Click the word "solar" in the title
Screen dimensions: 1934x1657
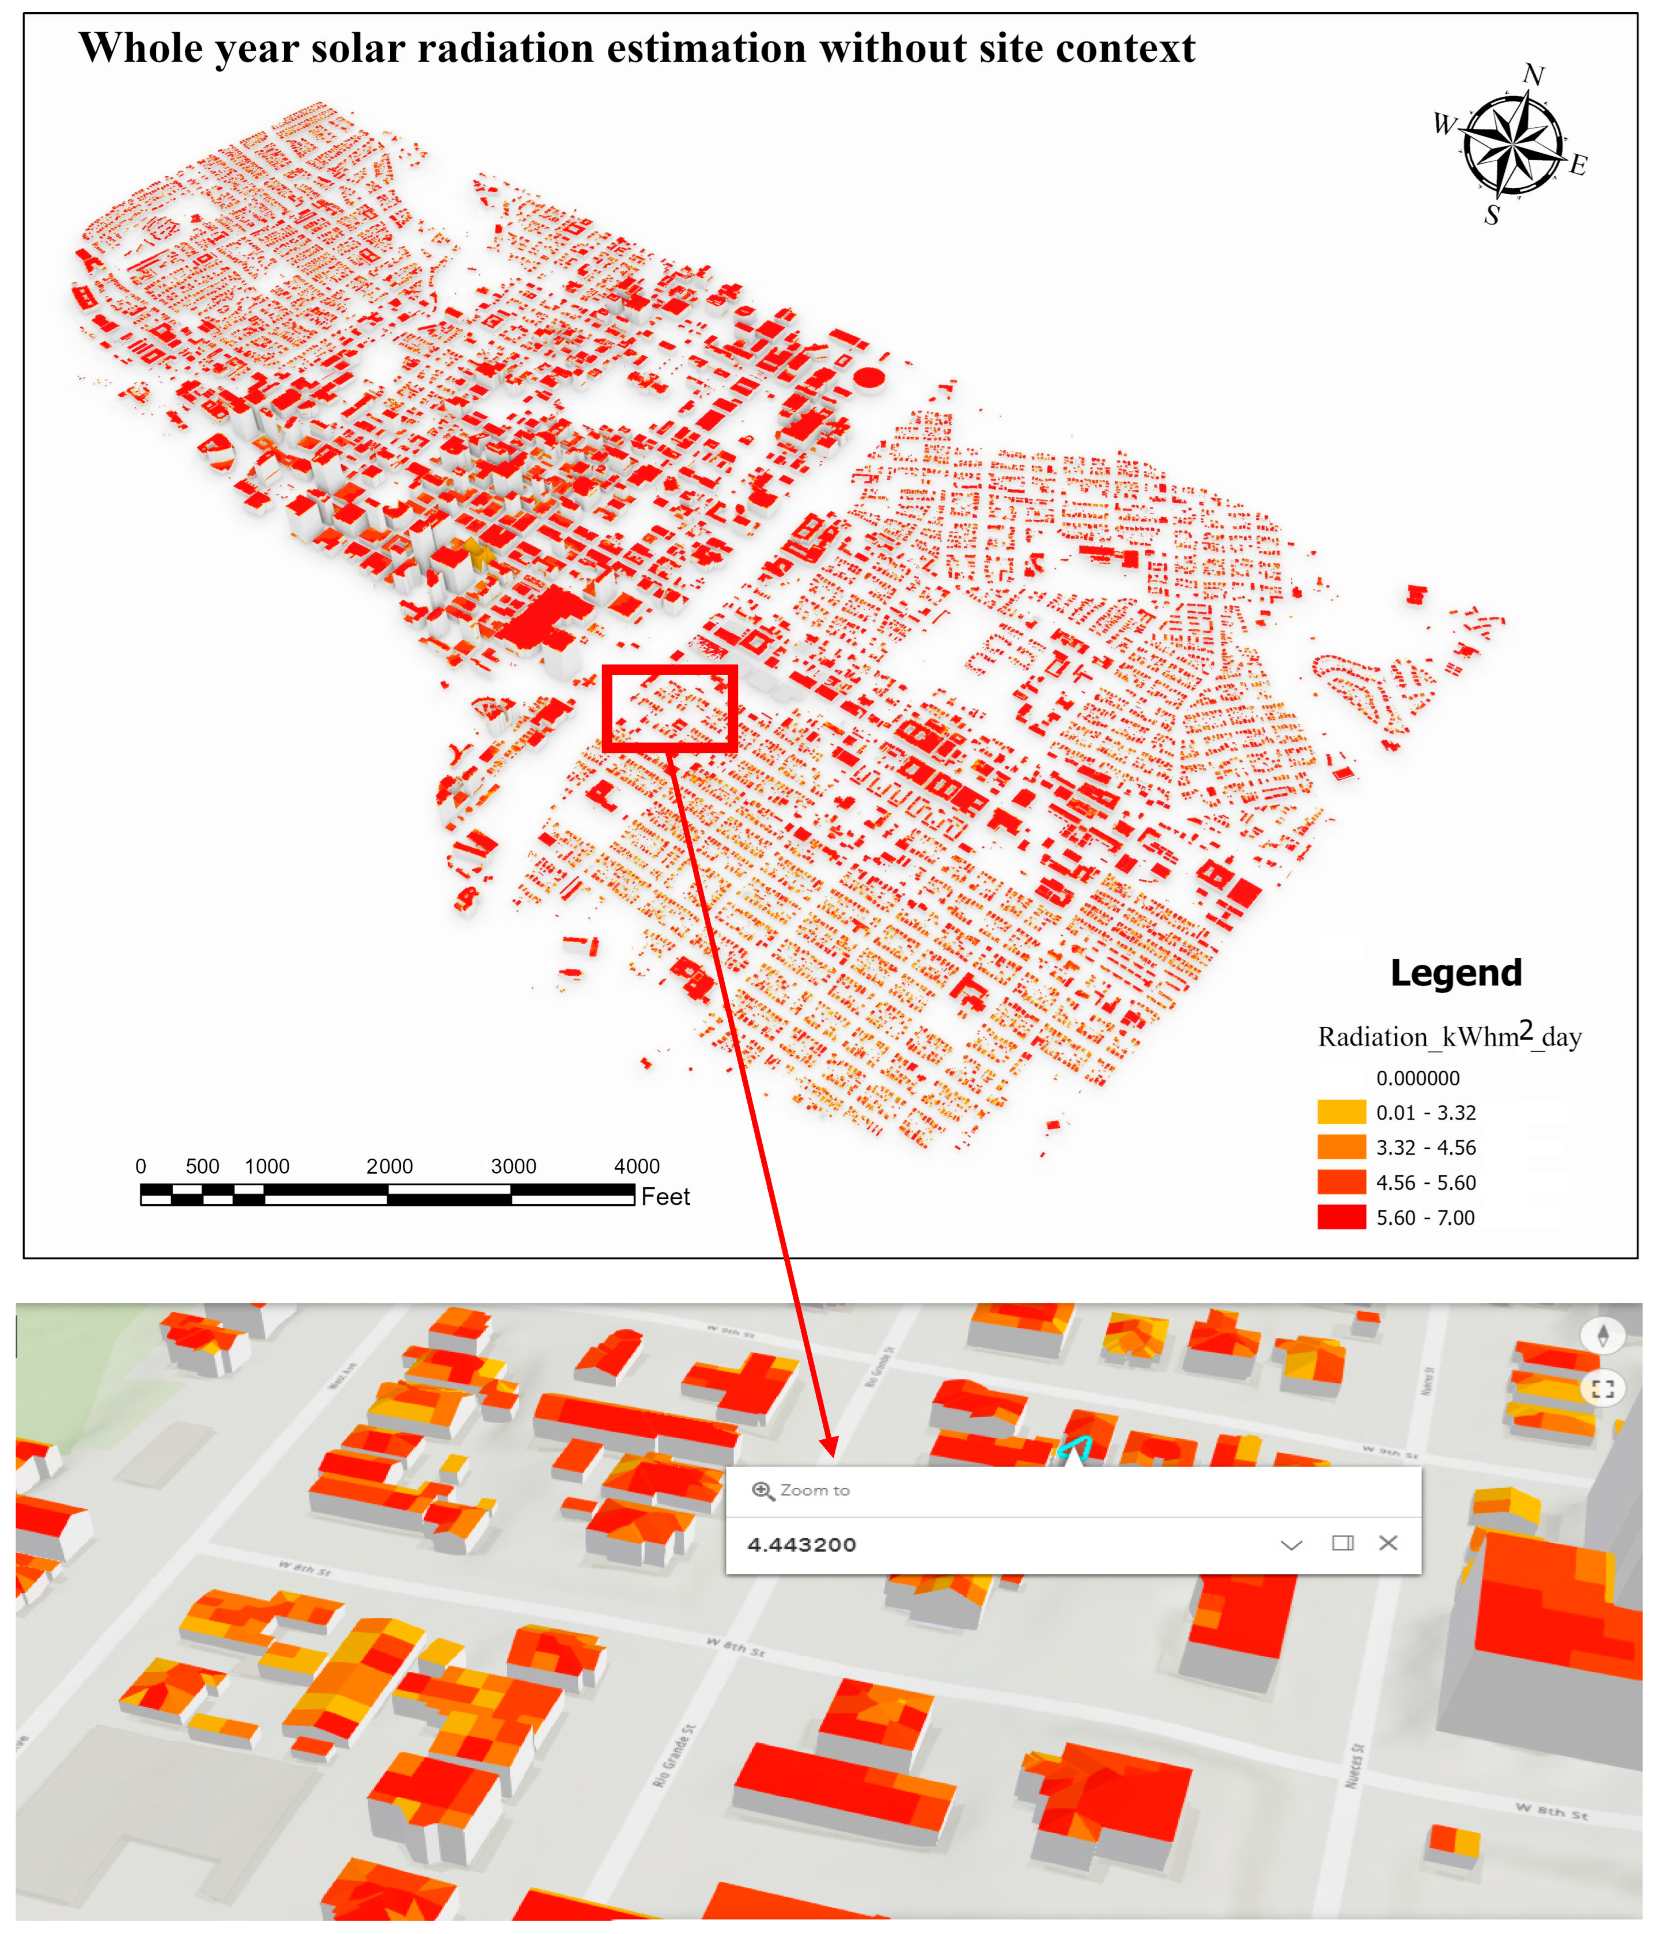pyautogui.click(x=358, y=48)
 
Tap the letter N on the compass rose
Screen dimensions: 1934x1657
pyautogui.click(x=1533, y=75)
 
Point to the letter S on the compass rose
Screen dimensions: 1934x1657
pyautogui.click(x=1492, y=215)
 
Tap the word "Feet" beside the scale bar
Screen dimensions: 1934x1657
pyautogui.click(x=665, y=1197)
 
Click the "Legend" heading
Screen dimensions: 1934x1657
pyautogui.click(x=1455, y=973)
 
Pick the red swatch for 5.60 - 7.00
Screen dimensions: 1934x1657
pyautogui.click(x=1341, y=1217)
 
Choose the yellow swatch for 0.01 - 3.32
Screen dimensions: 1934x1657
pyautogui.click(x=1341, y=1112)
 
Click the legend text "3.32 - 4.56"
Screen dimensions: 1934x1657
pyautogui.click(x=1425, y=1147)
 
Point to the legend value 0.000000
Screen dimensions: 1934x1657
pyautogui.click(x=1417, y=1078)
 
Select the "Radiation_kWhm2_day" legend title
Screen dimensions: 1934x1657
pyautogui.click(x=1449, y=1036)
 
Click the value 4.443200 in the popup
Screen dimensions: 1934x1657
pyautogui.click(x=801, y=1545)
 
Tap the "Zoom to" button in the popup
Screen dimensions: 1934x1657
pyautogui.click(x=802, y=1491)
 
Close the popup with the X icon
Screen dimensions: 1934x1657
pyautogui.click(x=1387, y=1543)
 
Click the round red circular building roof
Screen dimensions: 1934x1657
pyautogui.click(x=869, y=377)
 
